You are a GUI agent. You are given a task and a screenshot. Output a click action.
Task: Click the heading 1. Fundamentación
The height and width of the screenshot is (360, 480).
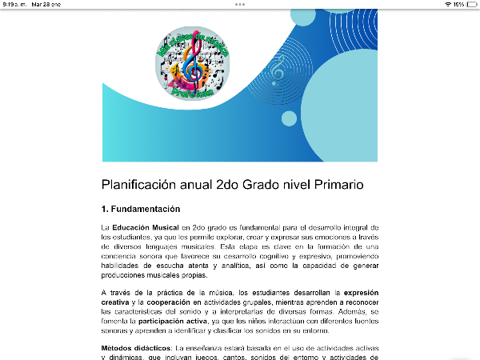pyautogui.click(x=140, y=210)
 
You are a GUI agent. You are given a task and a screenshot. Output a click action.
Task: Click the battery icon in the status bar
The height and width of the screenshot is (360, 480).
pyautogui.click(x=472, y=4)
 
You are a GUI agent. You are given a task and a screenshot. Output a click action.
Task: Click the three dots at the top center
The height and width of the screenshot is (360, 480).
pyautogui.click(x=240, y=4)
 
